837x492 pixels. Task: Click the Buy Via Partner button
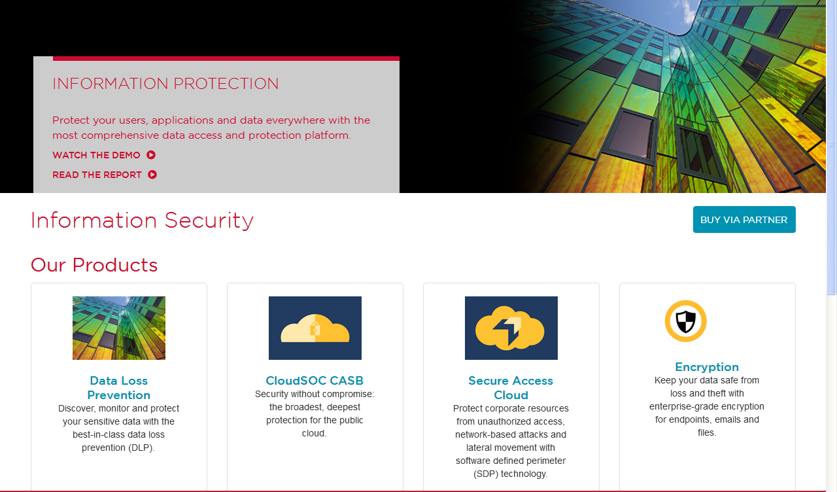pyautogui.click(x=744, y=219)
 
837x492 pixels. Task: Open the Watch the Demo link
pyautogui.click(x=96, y=155)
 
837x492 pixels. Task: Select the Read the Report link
pyautogui.click(x=97, y=175)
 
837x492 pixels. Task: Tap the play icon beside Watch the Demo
pyautogui.click(x=151, y=155)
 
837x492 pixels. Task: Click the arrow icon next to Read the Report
pyautogui.click(x=152, y=175)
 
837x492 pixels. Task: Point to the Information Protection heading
pyautogui.click(x=165, y=84)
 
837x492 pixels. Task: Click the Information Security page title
pyautogui.click(x=142, y=220)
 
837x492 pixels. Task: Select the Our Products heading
pyautogui.click(x=94, y=265)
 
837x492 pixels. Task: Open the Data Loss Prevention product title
pyautogui.click(x=119, y=388)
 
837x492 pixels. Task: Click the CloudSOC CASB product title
pyautogui.click(x=315, y=381)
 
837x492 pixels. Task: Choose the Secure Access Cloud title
pyautogui.click(x=511, y=388)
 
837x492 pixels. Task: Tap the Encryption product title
pyautogui.click(x=707, y=367)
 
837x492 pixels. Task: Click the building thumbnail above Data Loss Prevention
pyautogui.click(x=119, y=328)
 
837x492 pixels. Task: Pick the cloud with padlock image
pyautogui.click(x=315, y=328)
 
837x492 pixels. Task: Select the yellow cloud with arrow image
pyautogui.click(x=511, y=328)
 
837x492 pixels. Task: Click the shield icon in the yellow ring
pyautogui.click(x=686, y=321)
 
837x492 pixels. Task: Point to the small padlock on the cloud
pyautogui.click(x=315, y=328)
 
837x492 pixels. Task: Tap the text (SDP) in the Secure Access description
pyautogui.click(x=486, y=474)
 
